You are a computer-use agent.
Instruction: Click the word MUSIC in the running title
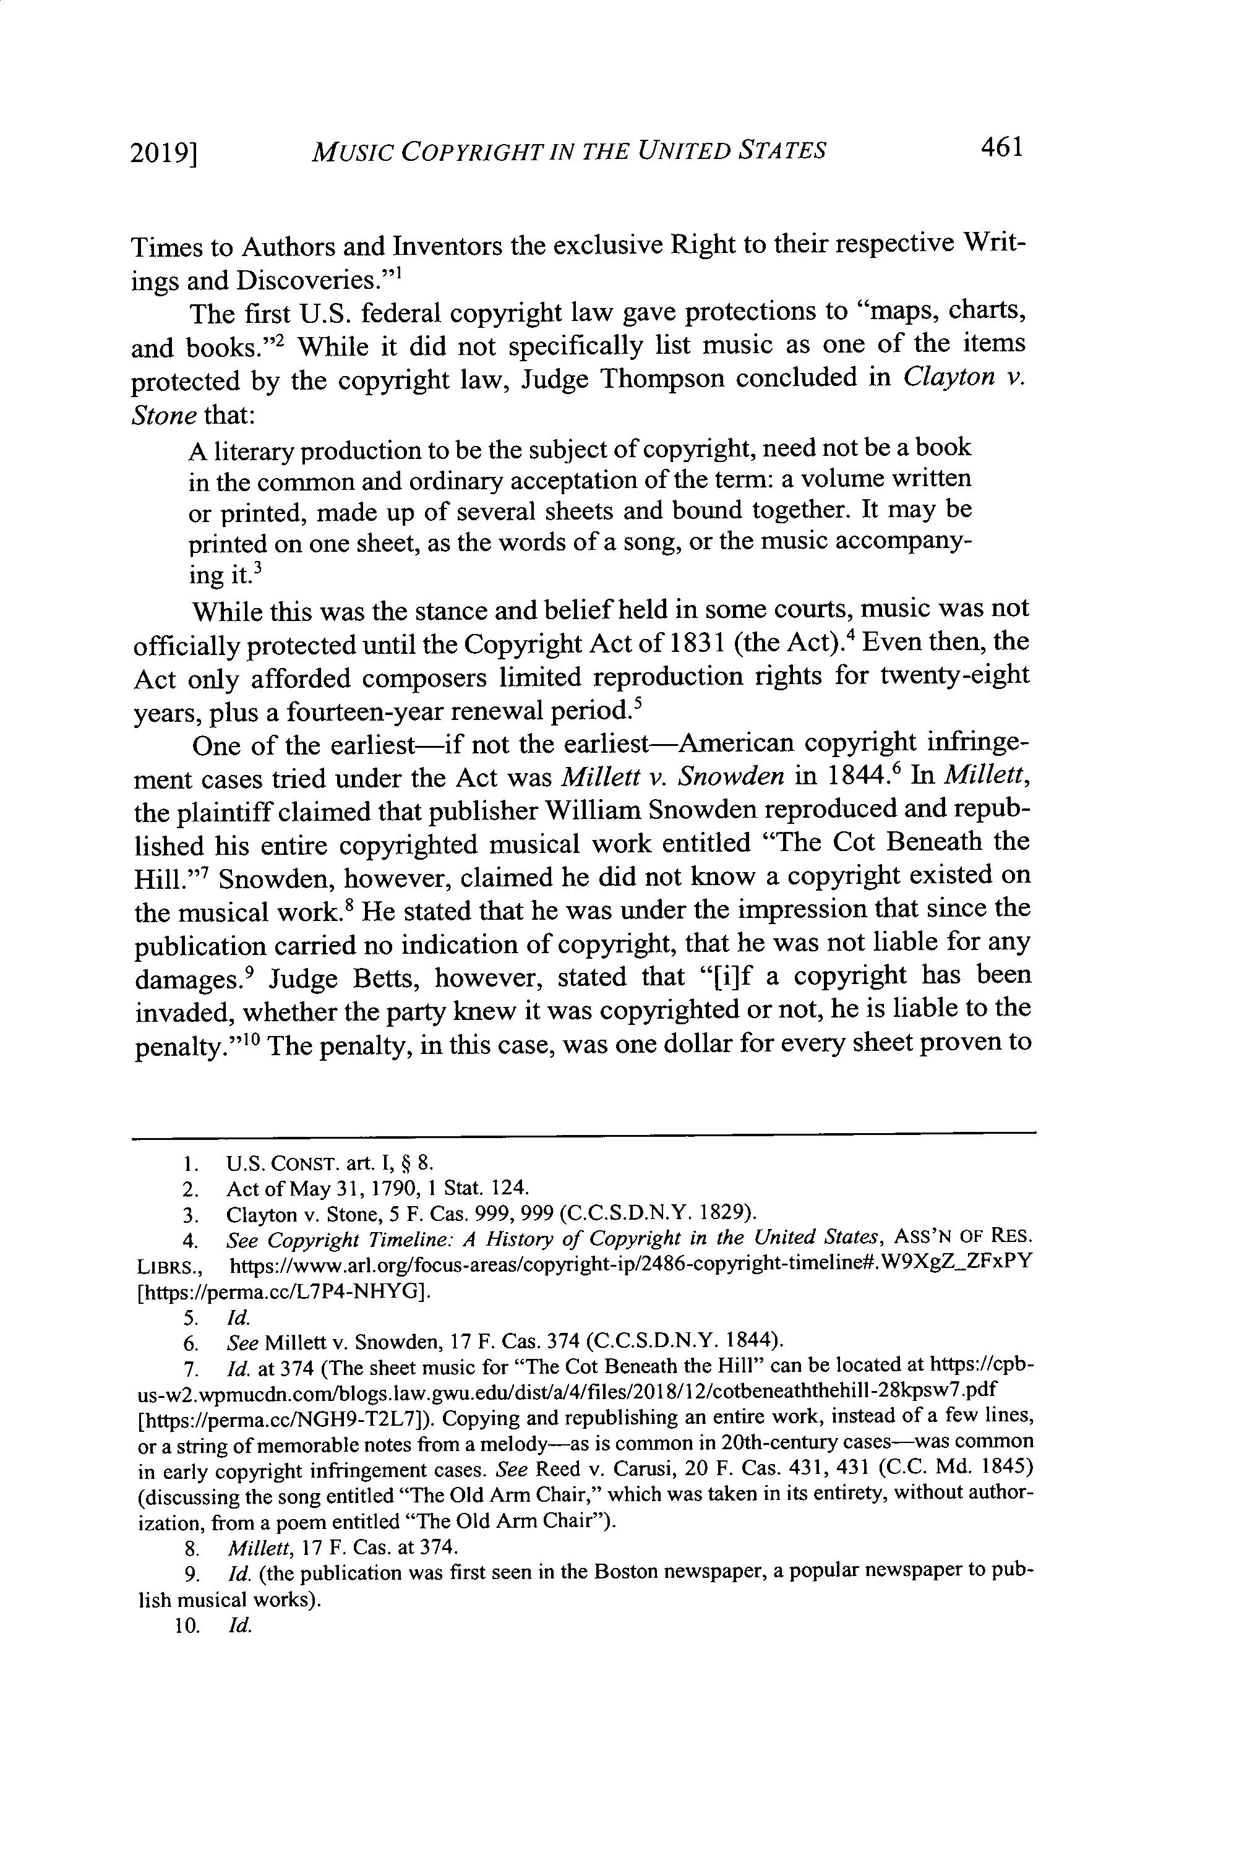(350, 151)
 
